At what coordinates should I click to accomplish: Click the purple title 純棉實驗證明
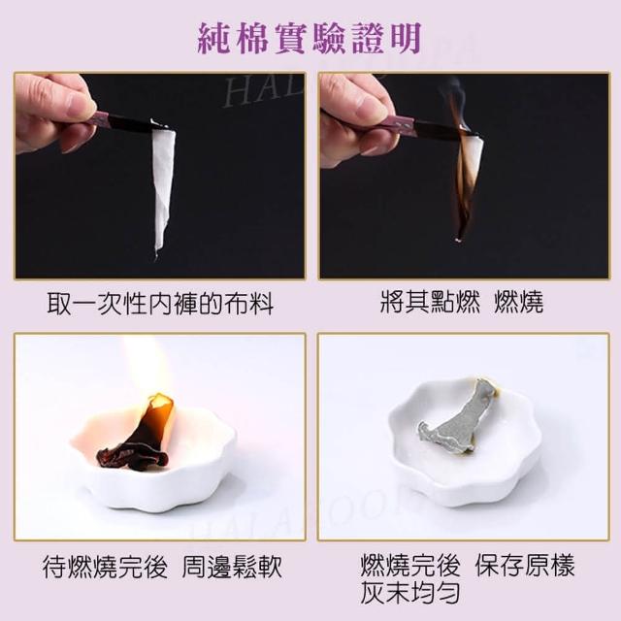[x=310, y=39]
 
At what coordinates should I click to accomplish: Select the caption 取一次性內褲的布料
[x=160, y=304]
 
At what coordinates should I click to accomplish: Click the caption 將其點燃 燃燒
[x=462, y=302]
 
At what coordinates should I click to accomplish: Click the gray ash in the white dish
[x=455, y=420]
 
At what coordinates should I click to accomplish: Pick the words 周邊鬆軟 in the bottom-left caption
[x=232, y=567]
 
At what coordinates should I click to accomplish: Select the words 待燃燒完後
[x=105, y=567]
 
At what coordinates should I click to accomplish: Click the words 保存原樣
[x=525, y=565]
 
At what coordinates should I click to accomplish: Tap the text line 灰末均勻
[x=410, y=593]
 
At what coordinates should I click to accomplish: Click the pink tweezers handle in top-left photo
[x=100, y=120]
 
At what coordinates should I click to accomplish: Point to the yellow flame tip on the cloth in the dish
[x=161, y=401]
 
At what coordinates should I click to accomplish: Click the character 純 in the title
[x=213, y=39]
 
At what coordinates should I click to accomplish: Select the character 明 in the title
[x=406, y=39]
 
